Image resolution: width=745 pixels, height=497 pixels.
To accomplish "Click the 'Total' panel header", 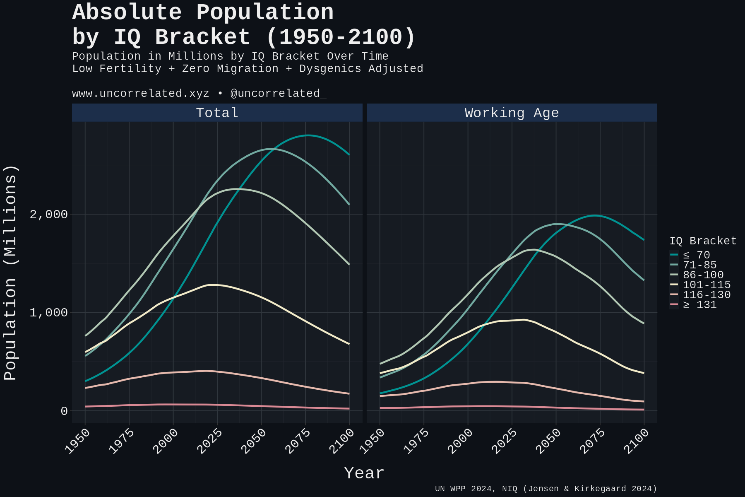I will (x=217, y=113).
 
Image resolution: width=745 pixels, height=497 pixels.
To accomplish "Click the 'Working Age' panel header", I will (x=512, y=113).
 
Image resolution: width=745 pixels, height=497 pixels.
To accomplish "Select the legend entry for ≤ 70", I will (x=696, y=255).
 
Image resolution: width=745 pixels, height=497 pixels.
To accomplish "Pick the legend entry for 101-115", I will (x=706, y=285).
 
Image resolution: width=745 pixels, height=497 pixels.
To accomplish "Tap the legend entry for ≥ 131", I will (x=699, y=304).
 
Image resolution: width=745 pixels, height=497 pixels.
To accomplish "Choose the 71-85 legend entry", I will (x=699, y=265).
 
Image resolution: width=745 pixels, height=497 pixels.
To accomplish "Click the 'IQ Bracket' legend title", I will (x=703, y=241).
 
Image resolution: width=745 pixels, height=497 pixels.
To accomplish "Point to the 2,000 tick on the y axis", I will (x=48, y=214).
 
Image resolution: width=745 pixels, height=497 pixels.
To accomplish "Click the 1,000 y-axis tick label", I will (x=48, y=312).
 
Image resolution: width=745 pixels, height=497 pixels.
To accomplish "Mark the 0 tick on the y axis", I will (x=64, y=411).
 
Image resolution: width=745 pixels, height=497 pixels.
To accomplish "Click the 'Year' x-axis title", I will (x=364, y=473).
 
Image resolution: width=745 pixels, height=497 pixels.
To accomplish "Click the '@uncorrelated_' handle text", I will (x=278, y=94).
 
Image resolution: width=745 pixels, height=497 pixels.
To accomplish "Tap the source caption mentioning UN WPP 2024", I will (x=546, y=489).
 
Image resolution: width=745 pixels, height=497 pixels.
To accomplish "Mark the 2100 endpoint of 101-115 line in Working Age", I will (x=644, y=373).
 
